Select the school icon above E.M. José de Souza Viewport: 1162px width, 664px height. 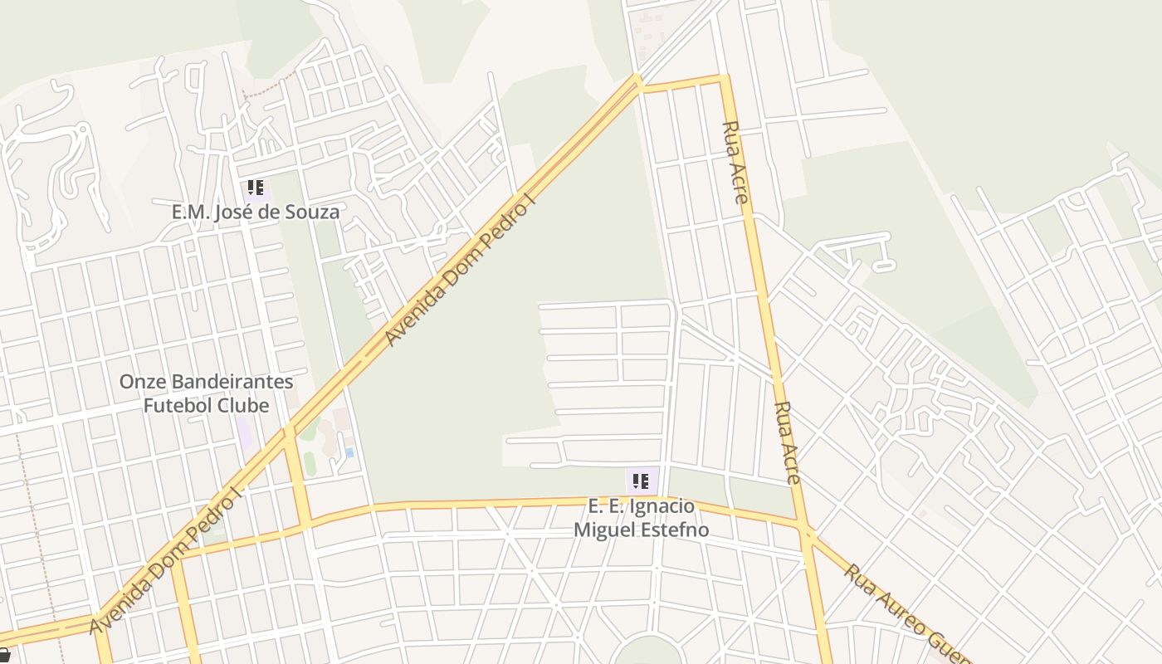(256, 188)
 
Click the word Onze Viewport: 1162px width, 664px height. (142, 383)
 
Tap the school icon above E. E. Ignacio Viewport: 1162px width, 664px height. (641, 481)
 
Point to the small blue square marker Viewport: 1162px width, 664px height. (349, 452)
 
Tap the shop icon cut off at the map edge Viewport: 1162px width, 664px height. (5, 656)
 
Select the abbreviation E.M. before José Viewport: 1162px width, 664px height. (190, 212)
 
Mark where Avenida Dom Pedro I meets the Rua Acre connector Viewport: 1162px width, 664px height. (638, 83)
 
